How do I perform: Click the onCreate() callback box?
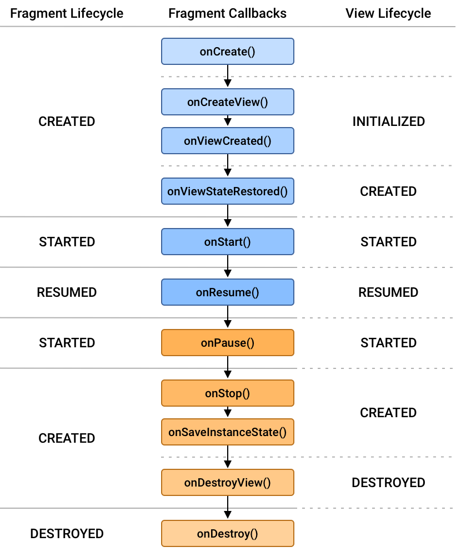point(227,52)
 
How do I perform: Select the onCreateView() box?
point(227,102)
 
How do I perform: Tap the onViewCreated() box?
point(227,141)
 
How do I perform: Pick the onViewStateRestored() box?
point(227,191)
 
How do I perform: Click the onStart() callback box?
point(227,242)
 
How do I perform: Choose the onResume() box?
point(227,292)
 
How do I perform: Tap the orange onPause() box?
point(227,343)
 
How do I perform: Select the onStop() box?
point(227,393)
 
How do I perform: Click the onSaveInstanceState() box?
point(227,432)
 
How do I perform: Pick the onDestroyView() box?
point(227,483)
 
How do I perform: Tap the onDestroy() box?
point(227,534)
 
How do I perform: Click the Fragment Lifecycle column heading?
point(67,13)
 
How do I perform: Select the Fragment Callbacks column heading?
point(227,13)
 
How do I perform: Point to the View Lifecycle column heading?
point(388,13)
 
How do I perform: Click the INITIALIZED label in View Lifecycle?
point(388,121)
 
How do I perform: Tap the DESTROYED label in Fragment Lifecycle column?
point(67,534)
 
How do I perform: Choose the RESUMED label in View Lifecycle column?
point(388,292)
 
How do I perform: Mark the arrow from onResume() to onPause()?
point(227,317)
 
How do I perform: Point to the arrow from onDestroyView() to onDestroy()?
point(227,508)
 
